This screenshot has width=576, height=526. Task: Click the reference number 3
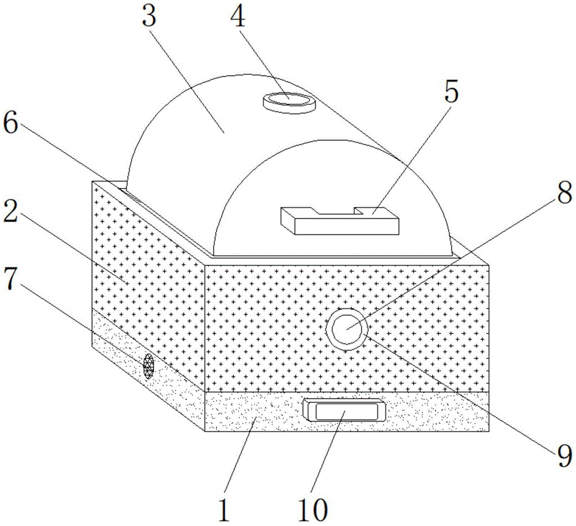click(150, 17)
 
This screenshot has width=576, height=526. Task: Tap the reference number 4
click(238, 17)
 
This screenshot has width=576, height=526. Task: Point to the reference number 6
click(10, 124)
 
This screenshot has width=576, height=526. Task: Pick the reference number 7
click(10, 279)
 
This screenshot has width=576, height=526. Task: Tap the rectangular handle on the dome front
click(339, 221)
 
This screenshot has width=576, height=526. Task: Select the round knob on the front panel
click(347, 328)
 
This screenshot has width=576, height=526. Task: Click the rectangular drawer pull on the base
click(344, 411)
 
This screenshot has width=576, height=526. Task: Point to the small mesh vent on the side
click(148, 366)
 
